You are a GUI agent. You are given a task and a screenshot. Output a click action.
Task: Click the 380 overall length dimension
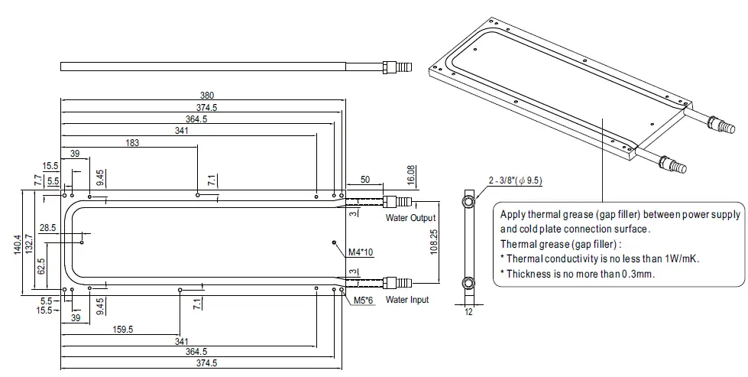point(206,95)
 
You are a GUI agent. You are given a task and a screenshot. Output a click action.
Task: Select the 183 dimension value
point(132,142)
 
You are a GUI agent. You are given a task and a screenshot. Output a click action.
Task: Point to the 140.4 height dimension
point(18,240)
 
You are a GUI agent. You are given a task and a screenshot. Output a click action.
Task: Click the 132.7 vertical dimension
point(28,240)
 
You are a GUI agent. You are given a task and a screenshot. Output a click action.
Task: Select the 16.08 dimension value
point(412,174)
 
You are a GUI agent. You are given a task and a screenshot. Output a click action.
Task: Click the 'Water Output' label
point(411,219)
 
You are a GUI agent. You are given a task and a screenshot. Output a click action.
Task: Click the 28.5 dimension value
point(47,229)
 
